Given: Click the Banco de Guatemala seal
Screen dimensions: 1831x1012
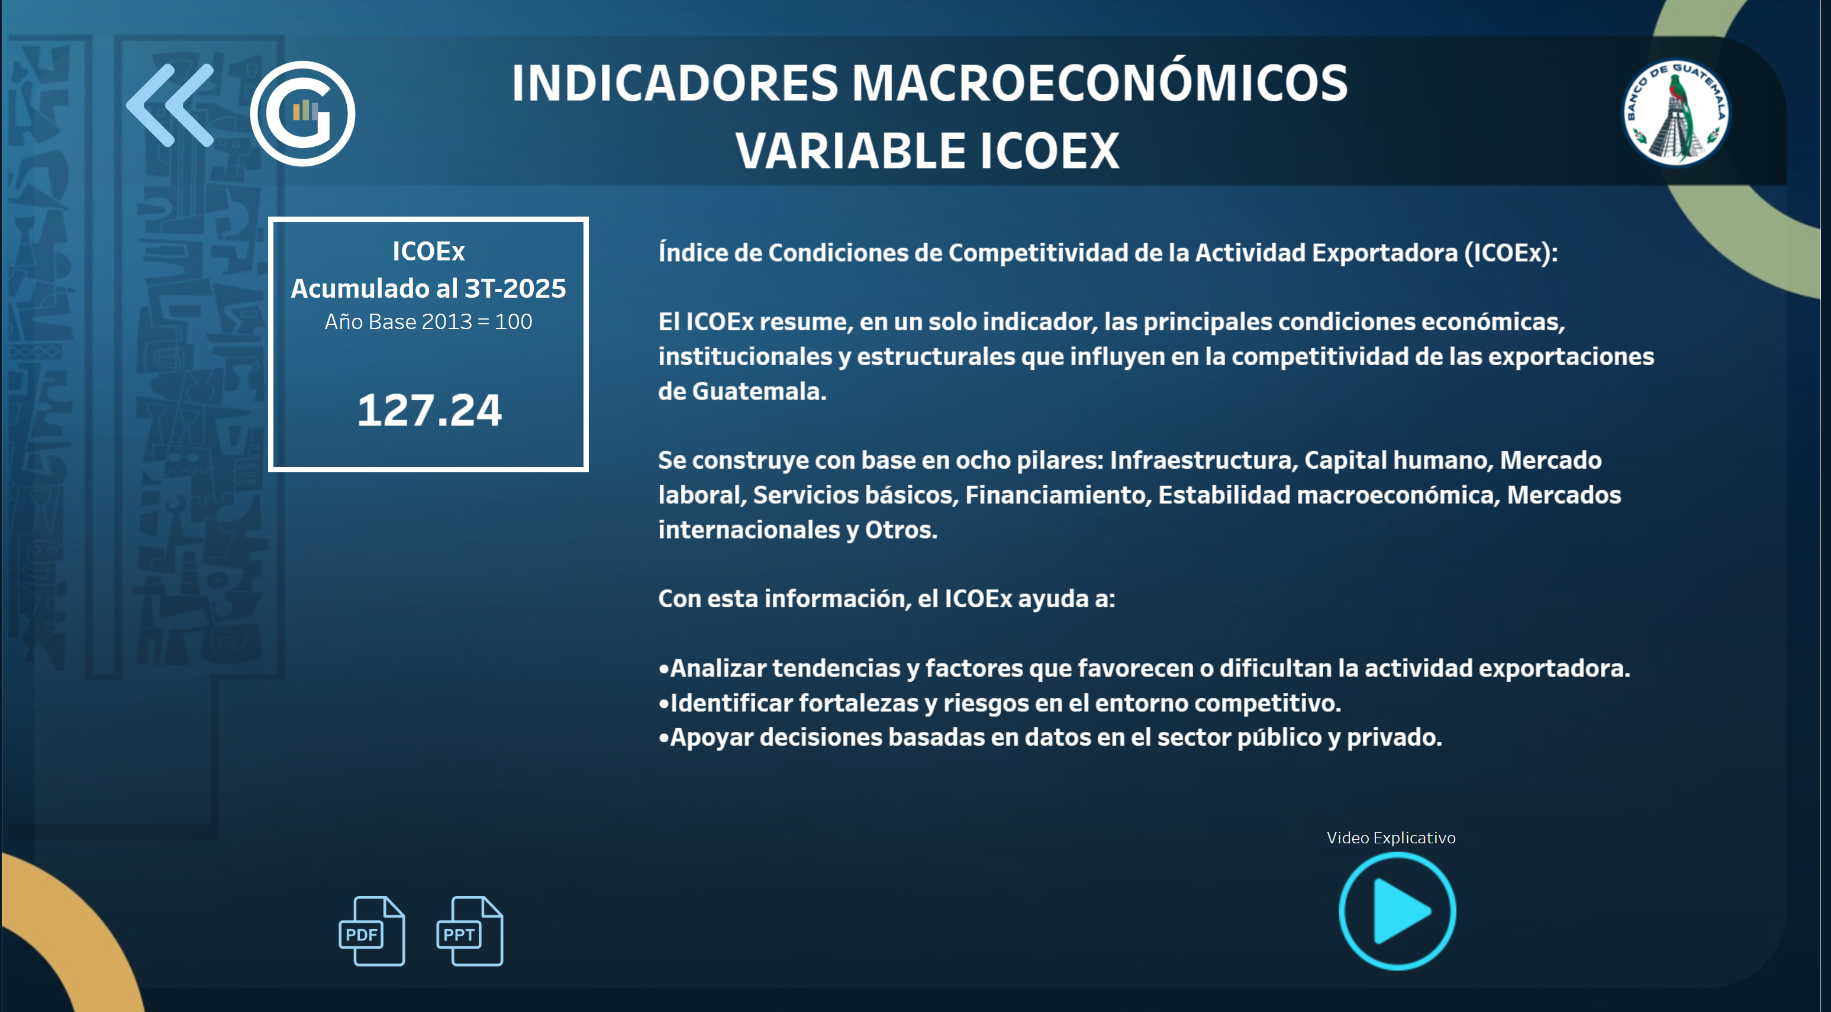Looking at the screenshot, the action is [x=1677, y=112].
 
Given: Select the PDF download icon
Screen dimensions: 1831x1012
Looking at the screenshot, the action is [x=372, y=931].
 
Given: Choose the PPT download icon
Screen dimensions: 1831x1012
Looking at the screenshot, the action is [x=469, y=931].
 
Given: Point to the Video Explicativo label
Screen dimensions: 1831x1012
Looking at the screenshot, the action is [x=1391, y=838].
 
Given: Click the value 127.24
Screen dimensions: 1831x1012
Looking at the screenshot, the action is [x=429, y=411].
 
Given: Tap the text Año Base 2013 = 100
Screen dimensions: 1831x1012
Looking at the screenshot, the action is [x=428, y=322].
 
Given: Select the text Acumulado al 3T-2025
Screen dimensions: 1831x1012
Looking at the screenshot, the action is [x=428, y=289].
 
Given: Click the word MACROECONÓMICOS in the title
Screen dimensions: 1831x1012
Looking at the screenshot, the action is [x=1099, y=83].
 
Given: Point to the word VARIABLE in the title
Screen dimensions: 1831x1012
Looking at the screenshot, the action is [x=849, y=152].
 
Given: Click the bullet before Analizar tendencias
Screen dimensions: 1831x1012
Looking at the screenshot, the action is [x=664, y=669].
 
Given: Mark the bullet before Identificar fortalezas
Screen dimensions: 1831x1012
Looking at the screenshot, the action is [x=664, y=704].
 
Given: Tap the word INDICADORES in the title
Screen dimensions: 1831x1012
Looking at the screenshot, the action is [x=675, y=83].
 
